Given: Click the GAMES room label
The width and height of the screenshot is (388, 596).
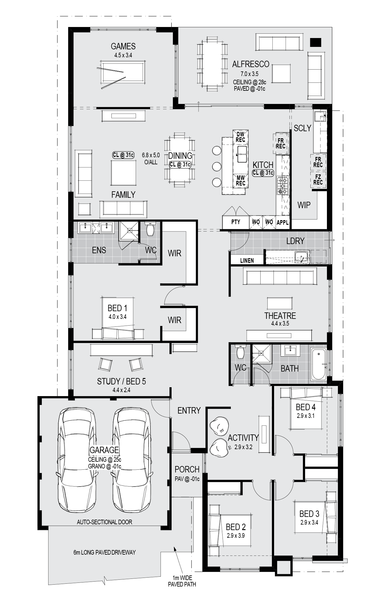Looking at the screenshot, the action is coord(123,46).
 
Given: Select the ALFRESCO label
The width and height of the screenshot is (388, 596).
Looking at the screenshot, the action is coord(250,64).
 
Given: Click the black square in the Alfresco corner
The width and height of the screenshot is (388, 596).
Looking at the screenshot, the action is coord(315,42).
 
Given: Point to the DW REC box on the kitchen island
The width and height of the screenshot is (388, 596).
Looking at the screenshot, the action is coord(240,137).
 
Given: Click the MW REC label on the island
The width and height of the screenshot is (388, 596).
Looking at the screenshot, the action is coord(240,180).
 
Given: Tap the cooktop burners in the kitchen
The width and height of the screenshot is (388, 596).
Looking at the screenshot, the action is coord(283,185).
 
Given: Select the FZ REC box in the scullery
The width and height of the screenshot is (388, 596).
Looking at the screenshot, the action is coord(318,180).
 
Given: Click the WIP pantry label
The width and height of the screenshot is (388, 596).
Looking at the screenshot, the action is coord(304,205).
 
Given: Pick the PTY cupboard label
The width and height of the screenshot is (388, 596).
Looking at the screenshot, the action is coord(236,222).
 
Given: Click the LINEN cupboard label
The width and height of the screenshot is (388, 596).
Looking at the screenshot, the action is coord(247,261).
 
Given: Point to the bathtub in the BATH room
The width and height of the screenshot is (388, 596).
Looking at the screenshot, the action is coord(319,364).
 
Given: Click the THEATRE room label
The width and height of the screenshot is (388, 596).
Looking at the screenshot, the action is coord(280,316).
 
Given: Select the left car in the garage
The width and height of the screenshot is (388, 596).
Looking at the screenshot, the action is coord(77,460).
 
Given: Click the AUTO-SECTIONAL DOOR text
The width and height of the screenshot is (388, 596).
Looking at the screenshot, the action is coord(104,522).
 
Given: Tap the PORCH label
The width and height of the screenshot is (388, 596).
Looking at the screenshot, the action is coord(187,469).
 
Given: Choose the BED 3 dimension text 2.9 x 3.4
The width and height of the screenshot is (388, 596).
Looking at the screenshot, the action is coord(309,522).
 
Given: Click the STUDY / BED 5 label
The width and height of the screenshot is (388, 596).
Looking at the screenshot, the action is coord(121,381).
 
